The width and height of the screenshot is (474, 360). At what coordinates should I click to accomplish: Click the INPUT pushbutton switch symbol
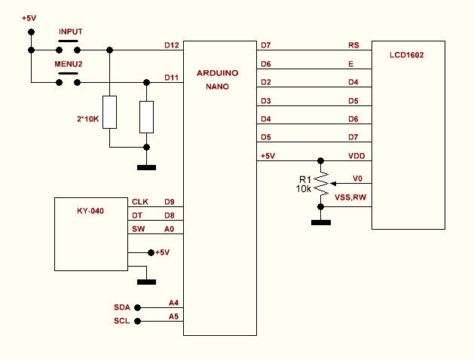[70, 45]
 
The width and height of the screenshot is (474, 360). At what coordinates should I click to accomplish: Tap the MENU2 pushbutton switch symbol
[69, 77]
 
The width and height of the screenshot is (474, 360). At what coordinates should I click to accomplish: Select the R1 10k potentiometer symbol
[322, 182]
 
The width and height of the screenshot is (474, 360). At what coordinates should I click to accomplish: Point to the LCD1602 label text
[407, 55]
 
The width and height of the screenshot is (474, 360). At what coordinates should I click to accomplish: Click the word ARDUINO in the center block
[218, 74]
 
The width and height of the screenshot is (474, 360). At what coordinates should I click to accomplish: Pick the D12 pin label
[171, 45]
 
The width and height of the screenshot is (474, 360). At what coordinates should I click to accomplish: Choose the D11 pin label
[171, 77]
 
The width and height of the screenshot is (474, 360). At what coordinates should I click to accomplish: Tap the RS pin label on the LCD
[353, 45]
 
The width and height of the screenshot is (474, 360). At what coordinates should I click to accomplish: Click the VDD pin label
[356, 156]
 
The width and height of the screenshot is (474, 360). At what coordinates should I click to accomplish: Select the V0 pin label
[358, 178]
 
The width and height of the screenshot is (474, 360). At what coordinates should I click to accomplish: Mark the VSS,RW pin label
[350, 197]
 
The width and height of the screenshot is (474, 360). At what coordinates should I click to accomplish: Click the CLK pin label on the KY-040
[140, 201]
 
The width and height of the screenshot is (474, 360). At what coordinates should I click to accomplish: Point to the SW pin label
[139, 230]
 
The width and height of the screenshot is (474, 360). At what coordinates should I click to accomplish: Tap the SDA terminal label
[122, 307]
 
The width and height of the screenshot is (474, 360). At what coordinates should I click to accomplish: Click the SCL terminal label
[122, 321]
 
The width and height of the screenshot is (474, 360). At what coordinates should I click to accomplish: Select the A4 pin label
[174, 303]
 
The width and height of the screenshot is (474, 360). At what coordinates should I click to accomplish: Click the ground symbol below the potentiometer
[321, 222]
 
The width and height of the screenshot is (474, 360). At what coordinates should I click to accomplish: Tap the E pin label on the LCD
[350, 64]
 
